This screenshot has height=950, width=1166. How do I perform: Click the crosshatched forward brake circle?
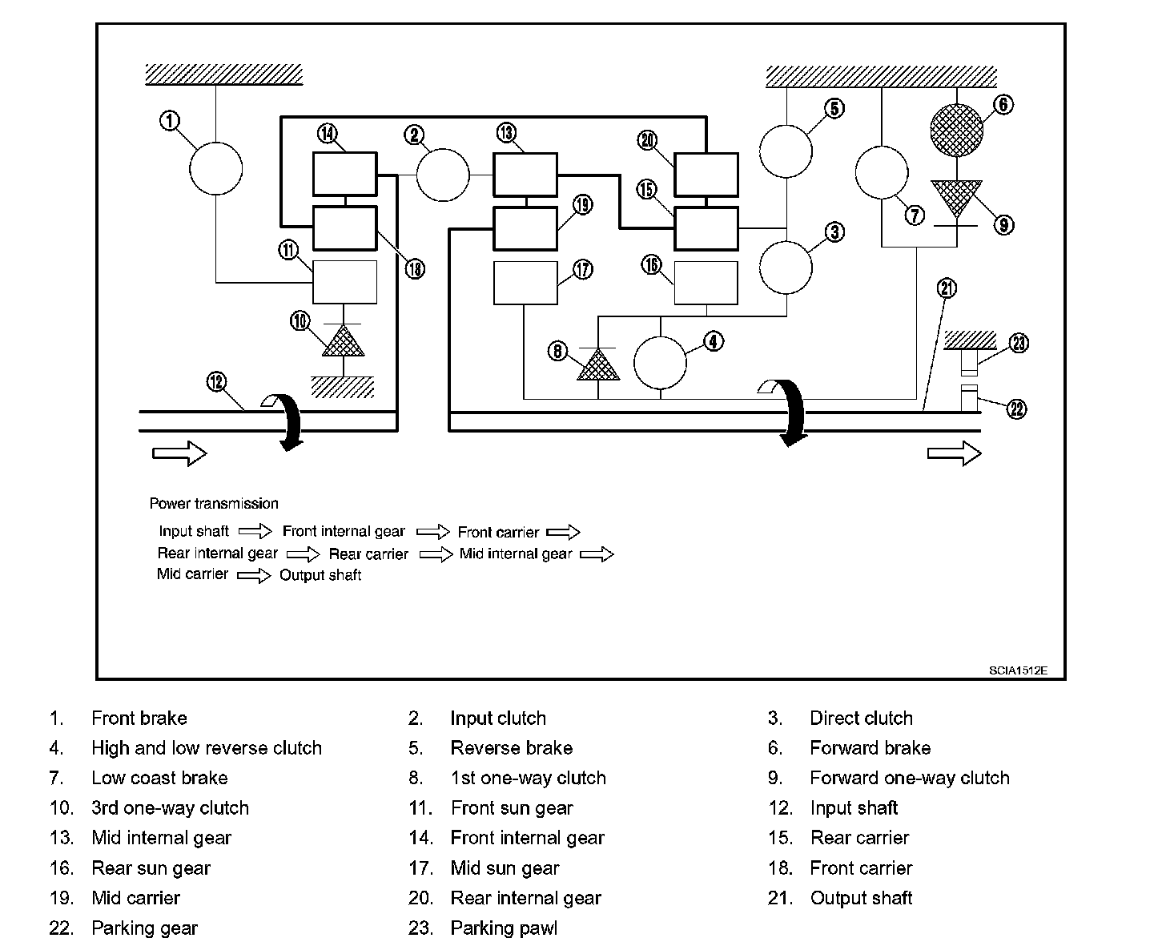(x=956, y=128)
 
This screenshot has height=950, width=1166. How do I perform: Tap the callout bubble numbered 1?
(x=170, y=121)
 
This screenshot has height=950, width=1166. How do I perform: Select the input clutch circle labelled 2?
(x=443, y=175)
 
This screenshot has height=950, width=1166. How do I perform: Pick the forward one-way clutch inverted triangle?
(x=956, y=197)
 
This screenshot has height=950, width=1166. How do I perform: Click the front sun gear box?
(x=344, y=282)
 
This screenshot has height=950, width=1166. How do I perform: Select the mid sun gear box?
(x=525, y=283)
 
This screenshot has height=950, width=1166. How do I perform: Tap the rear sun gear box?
(x=706, y=283)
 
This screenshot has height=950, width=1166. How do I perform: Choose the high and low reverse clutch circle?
(x=660, y=362)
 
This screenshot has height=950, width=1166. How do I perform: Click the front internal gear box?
(x=344, y=173)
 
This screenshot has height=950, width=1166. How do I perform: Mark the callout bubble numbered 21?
(x=947, y=288)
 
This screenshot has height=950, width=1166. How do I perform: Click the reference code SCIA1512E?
(x=1017, y=670)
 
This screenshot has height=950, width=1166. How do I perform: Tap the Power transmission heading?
(x=214, y=504)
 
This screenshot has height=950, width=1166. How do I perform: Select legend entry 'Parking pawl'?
(x=504, y=928)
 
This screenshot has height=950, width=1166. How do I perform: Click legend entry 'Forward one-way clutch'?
(x=909, y=778)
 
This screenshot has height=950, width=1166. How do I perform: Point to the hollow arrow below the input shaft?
(x=179, y=453)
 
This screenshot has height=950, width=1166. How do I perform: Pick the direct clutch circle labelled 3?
(x=785, y=268)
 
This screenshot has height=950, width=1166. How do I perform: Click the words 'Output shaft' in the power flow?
(x=320, y=575)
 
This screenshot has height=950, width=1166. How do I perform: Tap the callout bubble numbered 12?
(x=217, y=381)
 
